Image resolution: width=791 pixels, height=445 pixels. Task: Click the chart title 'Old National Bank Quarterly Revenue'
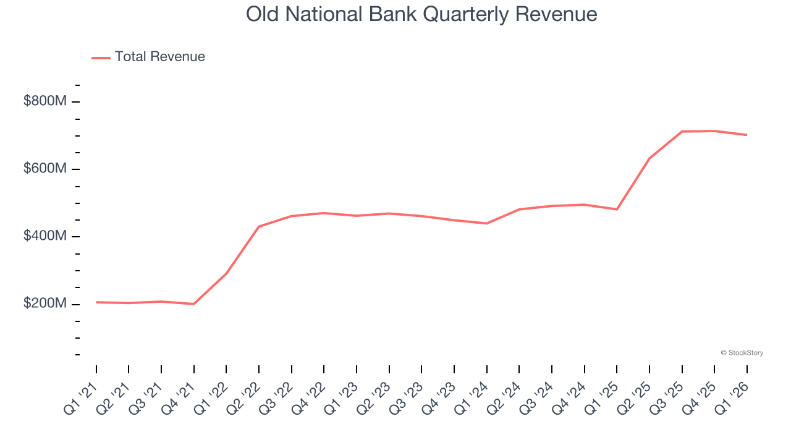421,14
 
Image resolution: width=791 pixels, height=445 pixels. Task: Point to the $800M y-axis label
44,101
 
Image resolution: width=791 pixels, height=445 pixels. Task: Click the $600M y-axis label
44,169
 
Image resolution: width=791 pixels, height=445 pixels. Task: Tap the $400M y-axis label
44,236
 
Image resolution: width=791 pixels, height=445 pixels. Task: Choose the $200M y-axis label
44,304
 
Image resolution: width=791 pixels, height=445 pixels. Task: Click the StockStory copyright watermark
742,353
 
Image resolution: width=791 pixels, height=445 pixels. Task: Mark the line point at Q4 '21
194,304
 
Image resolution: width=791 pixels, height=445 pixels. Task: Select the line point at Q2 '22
259,226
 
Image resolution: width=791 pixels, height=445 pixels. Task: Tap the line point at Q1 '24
487,223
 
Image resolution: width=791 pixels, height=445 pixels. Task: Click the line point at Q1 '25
617,209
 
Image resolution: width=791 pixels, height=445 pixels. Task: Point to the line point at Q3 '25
682,132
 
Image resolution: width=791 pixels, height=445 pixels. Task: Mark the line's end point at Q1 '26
747,135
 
